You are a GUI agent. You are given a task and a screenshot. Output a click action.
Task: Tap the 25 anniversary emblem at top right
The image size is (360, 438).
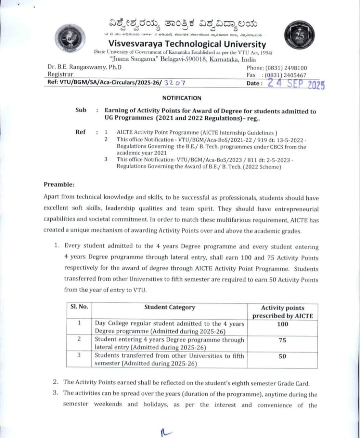[x=299, y=35]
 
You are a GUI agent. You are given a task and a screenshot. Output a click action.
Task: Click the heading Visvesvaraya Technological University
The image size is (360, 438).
[x=187, y=44]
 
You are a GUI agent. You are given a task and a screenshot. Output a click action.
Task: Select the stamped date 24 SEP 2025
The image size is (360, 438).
[x=296, y=83]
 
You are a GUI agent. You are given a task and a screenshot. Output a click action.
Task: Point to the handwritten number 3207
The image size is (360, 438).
[x=175, y=82]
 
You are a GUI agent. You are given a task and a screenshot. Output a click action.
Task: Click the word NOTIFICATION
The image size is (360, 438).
[x=182, y=98]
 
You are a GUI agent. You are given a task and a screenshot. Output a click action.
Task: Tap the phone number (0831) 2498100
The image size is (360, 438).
[x=286, y=68]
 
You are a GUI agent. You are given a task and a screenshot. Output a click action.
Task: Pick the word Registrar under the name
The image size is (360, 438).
[x=60, y=74]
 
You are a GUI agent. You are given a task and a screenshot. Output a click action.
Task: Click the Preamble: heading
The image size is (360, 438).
[x=59, y=184]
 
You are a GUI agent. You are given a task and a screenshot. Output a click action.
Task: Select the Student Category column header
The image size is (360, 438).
[x=169, y=307]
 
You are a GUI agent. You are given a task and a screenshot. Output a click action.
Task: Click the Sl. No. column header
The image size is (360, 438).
[x=79, y=307]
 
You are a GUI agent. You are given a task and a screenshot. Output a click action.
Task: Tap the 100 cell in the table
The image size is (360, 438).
[x=282, y=324]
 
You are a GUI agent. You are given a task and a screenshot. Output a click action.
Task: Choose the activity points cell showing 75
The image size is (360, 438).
[x=282, y=340]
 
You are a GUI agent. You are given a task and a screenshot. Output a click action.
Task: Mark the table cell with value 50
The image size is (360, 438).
[x=282, y=356]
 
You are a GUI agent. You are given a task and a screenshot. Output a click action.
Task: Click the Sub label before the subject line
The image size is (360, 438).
[x=81, y=110]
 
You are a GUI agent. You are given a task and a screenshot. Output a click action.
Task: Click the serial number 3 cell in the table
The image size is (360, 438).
[x=79, y=355]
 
